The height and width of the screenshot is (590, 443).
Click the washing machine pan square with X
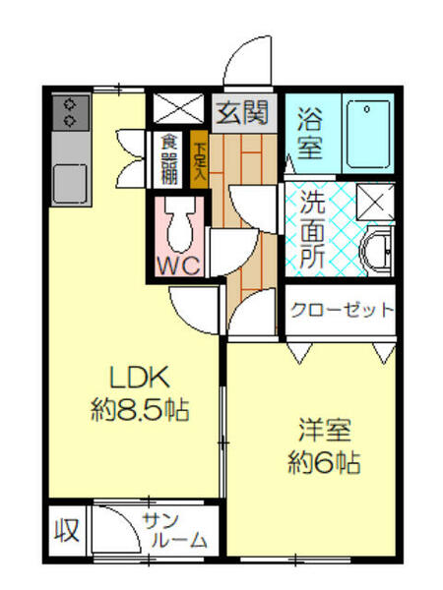coord(376,202)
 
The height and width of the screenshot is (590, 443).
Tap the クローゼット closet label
coord(341,310)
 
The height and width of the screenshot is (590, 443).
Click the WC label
coord(179,265)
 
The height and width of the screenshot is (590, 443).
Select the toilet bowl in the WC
coord(180,226)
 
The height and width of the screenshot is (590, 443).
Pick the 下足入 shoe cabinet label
coord(200,159)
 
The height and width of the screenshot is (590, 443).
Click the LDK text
coord(140,377)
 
